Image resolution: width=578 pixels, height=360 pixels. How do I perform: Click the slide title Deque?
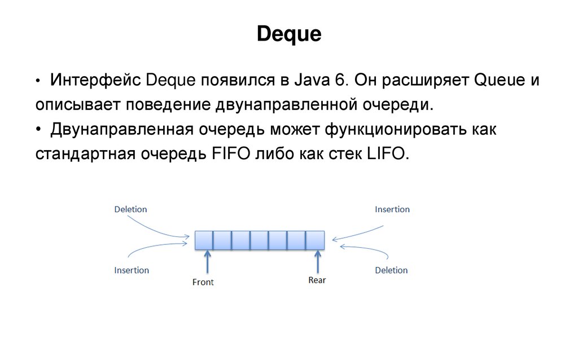(289, 34)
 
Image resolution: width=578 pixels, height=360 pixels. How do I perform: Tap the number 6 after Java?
(340, 80)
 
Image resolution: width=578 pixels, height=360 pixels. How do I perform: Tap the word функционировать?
(389, 129)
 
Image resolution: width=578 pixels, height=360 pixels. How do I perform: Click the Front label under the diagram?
(203, 282)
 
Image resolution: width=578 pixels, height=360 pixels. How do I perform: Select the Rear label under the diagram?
(317, 280)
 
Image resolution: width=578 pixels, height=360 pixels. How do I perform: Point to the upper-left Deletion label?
(130, 209)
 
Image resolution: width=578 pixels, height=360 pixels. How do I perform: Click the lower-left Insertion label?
(132, 270)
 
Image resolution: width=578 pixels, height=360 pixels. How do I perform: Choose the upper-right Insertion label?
(392, 209)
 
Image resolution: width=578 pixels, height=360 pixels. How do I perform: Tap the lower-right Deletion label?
(391, 270)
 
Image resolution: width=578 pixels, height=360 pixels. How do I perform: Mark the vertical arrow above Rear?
(317, 262)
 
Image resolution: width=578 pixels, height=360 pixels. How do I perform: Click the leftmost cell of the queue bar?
(204, 240)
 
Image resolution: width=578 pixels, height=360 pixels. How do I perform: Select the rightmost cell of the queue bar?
(316, 240)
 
